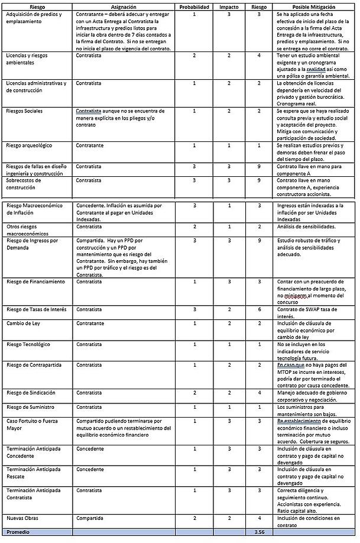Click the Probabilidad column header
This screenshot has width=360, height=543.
click(x=194, y=7)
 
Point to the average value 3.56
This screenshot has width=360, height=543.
click(x=259, y=532)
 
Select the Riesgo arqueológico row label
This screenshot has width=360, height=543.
click(x=29, y=145)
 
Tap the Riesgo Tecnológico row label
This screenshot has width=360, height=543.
click(x=28, y=344)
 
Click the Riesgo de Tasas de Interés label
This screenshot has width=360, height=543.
click(x=36, y=309)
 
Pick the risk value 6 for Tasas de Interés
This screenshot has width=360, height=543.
click(x=259, y=309)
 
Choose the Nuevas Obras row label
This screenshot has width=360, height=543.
click(x=22, y=517)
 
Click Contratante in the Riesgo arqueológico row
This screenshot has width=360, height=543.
click(x=90, y=145)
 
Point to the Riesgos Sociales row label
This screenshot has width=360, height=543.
click(x=24, y=111)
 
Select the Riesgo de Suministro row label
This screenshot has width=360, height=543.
click(x=30, y=407)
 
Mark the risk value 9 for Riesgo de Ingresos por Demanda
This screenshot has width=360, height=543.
click(x=259, y=241)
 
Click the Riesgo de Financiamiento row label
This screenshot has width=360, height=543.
click(x=35, y=282)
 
